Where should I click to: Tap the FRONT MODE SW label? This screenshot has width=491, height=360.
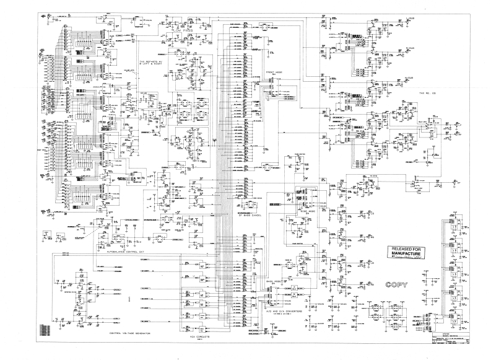click(274, 74)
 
